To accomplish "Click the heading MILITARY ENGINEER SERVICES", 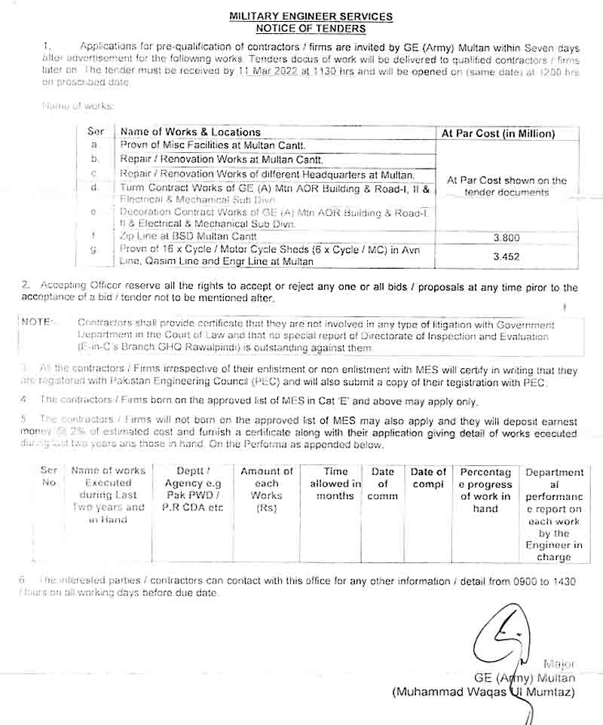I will tap(311, 17).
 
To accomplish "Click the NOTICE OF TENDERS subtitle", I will tap(311, 29).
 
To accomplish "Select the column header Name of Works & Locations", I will tap(191, 133).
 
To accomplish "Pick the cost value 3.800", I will tap(506, 238).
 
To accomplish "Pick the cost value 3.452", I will tap(506, 256).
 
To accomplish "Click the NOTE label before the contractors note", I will tap(38, 321).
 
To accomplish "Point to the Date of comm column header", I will tap(383, 484).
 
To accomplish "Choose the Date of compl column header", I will tap(428, 478).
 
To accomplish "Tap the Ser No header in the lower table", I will tap(49, 477).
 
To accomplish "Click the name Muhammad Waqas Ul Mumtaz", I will tap(483, 692).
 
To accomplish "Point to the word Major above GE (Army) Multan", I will tap(559, 664).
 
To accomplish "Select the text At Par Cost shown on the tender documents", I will tap(506, 186).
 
